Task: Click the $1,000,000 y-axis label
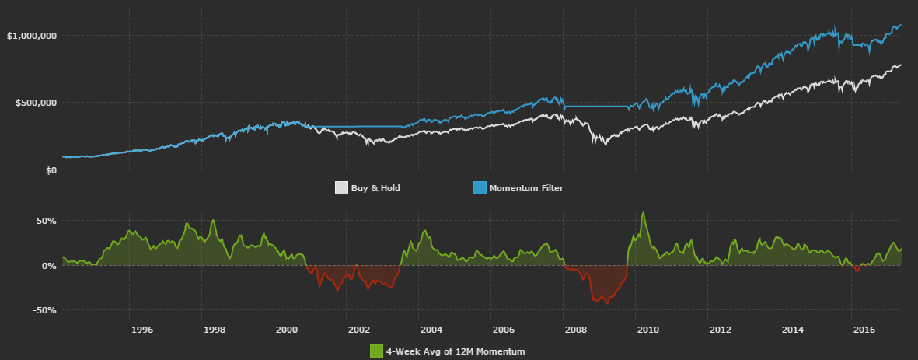[x=31, y=36]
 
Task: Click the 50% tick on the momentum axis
[x=47, y=221]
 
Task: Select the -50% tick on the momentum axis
[x=45, y=310]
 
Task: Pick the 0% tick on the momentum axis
[x=49, y=266]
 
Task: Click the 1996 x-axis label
[x=141, y=330]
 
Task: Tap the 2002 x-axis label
[x=358, y=330]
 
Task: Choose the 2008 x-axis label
[x=575, y=330]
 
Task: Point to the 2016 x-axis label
[x=865, y=330]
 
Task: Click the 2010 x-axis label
[x=647, y=330]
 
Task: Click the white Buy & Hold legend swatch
[x=341, y=188]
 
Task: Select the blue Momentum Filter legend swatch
[x=480, y=188]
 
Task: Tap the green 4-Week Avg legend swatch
[x=376, y=351]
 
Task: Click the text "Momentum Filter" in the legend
[x=526, y=188]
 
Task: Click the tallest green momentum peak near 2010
[x=643, y=212]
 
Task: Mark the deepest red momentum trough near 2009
[x=606, y=302]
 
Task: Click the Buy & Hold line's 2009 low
[x=606, y=145]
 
